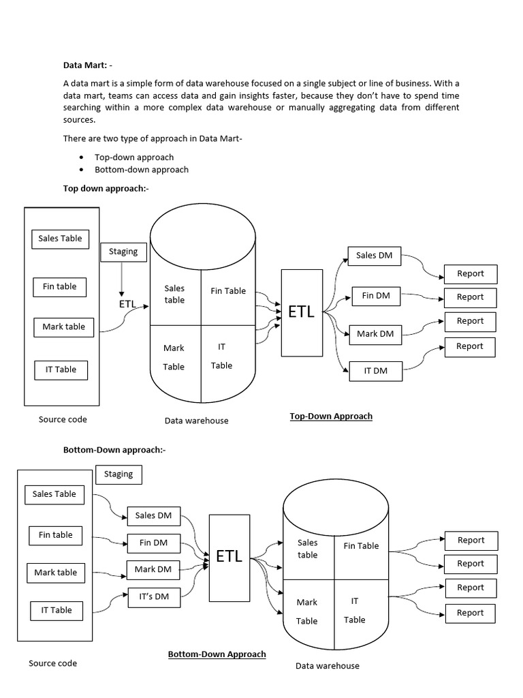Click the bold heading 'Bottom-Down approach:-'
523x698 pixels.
click(114, 450)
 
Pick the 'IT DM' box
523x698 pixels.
click(375, 371)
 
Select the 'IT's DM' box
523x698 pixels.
click(154, 596)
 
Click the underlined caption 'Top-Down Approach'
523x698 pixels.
click(331, 416)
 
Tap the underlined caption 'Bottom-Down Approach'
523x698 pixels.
click(217, 654)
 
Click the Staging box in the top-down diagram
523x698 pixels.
click(123, 252)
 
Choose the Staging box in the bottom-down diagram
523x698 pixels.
click(118, 474)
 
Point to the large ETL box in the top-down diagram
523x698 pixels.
click(301, 312)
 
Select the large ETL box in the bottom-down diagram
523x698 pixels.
click(229, 556)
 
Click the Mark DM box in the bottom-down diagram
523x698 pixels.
click(153, 569)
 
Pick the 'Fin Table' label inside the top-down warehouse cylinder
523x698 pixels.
click(228, 291)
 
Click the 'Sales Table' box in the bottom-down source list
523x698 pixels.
click(54, 494)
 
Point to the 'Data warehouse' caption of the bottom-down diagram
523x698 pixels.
click(327, 665)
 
